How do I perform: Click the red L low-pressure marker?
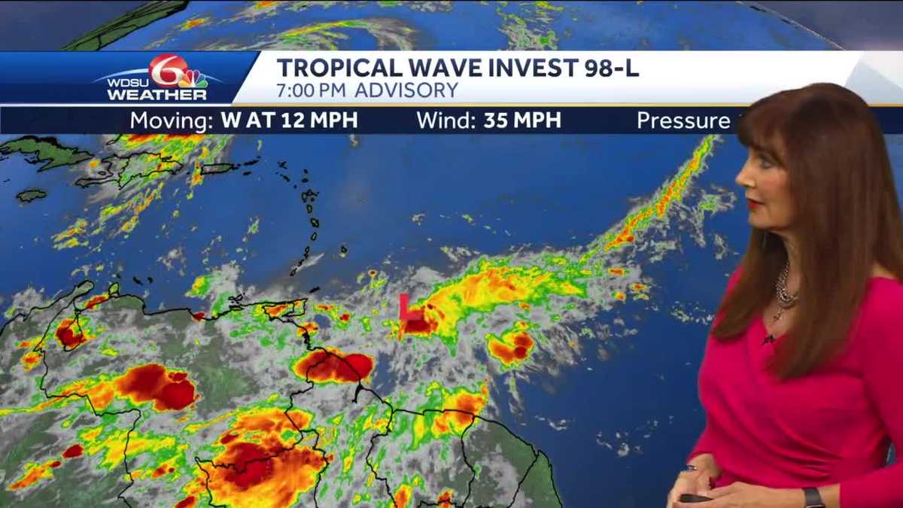(404, 306)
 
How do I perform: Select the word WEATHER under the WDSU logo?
(157, 95)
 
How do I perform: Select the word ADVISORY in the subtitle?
(406, 91)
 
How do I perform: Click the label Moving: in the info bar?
(172, 121)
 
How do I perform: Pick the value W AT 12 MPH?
(289, 121)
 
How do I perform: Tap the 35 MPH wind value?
(522, 121)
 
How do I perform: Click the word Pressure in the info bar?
(683, 121)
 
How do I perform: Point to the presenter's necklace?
(786, 290)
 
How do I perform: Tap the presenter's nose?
(740, 183)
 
